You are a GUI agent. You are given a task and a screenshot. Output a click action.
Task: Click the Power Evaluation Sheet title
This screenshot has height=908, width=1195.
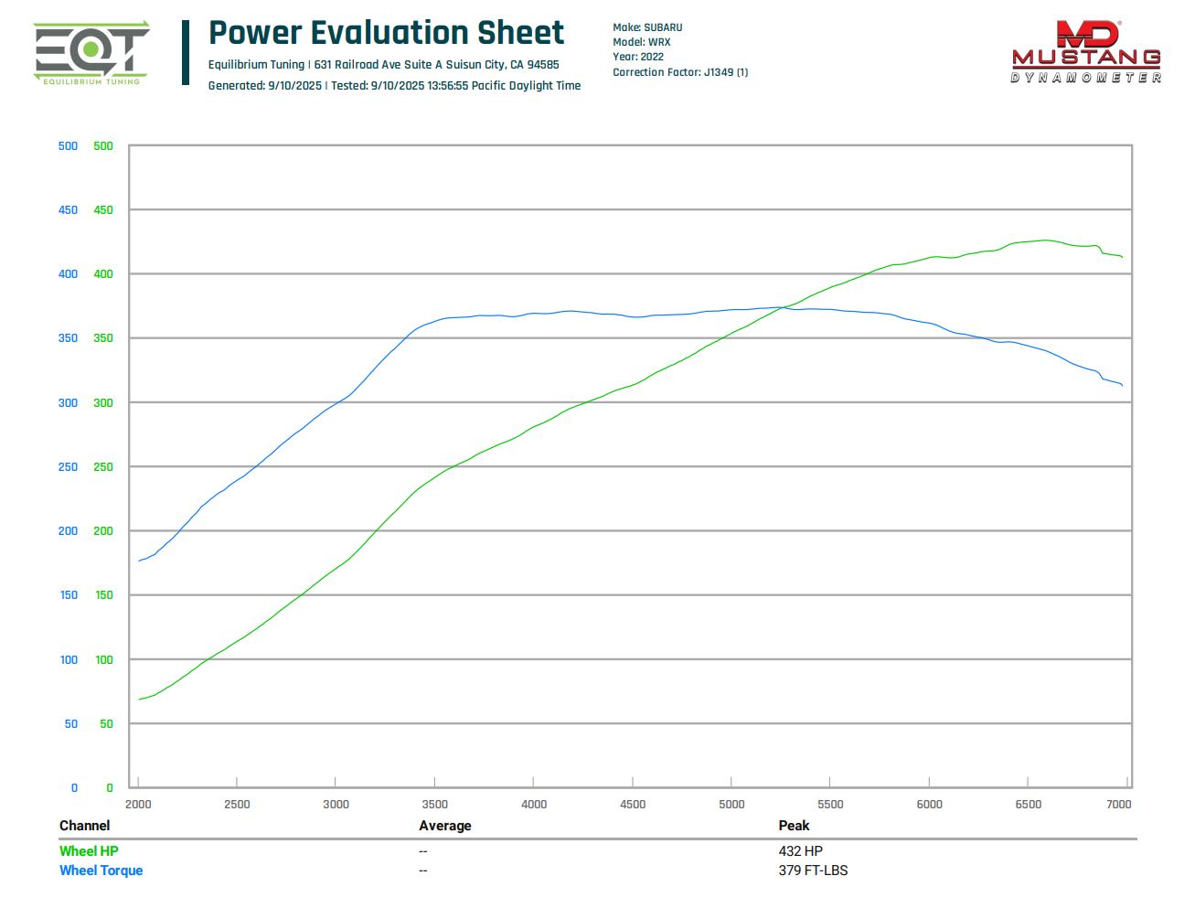point(386,33)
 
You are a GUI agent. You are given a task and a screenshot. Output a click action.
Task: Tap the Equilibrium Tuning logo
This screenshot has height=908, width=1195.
point(91,53)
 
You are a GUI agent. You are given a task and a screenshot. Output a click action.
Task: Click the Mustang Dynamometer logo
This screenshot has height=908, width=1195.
point(1086,52)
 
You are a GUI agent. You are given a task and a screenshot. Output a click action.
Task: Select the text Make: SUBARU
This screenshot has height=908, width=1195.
point(647,27)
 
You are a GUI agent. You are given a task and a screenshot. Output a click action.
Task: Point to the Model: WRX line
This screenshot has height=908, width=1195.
point(641,42)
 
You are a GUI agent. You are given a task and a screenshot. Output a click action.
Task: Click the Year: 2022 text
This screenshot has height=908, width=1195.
point(638,57)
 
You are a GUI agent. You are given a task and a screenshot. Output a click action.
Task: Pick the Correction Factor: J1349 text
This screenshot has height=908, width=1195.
point(680,72)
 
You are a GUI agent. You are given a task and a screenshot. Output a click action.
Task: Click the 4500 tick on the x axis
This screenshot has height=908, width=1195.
point(633,805)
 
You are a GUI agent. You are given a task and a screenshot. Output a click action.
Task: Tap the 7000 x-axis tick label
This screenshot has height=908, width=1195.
point(1118,805)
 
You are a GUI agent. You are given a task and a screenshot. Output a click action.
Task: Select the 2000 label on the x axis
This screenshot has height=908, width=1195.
point(138,805)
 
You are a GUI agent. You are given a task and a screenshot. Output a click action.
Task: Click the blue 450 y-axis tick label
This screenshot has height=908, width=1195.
point(68,210)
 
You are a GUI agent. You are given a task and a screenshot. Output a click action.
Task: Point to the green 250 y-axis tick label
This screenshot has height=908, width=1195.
point(103,467)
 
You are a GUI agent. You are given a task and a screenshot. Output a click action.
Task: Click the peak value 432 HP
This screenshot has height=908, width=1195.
point(800,851)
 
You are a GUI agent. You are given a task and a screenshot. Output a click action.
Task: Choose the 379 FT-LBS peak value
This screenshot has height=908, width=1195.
point(813,871)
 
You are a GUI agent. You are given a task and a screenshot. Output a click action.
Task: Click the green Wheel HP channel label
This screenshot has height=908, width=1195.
point(89,851)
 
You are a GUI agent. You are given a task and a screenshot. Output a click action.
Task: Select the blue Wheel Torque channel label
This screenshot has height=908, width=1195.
point(101,871)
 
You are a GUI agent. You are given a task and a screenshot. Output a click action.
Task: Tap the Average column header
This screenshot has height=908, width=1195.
point(445,826)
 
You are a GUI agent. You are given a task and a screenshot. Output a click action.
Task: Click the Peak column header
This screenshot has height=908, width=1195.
point(794,826)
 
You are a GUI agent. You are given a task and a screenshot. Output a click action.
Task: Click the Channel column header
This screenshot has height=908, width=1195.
point(84,826)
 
